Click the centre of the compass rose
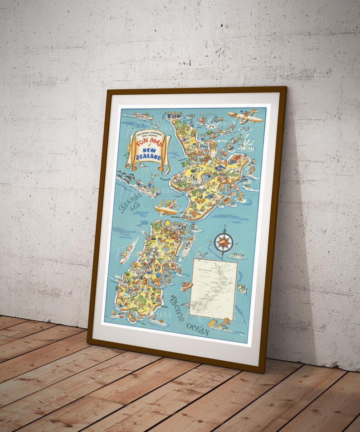pos(223,242)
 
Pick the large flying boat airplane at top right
pos(245,117)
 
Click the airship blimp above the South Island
pos(165,210)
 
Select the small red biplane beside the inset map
pos(187,286)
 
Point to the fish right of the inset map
pos(242,288)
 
